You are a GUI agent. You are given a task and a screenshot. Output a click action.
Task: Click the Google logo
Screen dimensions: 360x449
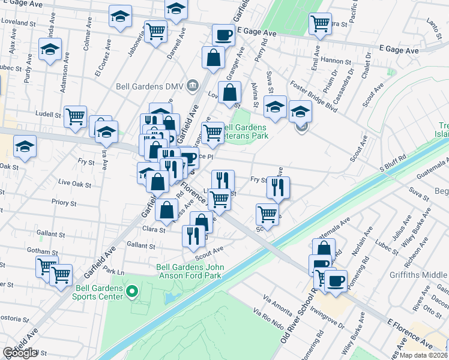[20, 353]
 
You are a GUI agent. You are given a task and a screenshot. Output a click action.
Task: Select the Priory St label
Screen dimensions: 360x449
[65, 202]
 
